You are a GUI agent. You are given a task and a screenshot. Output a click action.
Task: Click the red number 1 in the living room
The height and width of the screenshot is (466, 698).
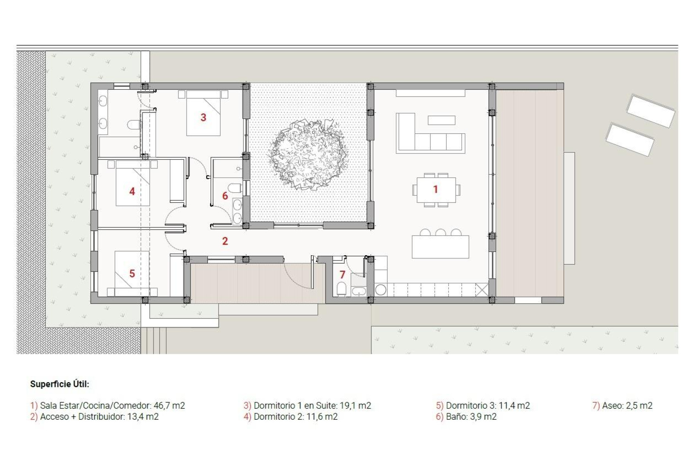click(435, 189)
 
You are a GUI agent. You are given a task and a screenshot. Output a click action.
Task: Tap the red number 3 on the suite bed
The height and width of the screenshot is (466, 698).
click(203, 117)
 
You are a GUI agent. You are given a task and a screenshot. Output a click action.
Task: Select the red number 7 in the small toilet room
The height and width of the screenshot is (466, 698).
click(342, 275)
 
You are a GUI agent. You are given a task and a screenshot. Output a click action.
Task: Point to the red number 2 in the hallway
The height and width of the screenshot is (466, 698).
click(225, 241)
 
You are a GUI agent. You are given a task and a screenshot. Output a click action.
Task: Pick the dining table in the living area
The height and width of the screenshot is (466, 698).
click(436, 190)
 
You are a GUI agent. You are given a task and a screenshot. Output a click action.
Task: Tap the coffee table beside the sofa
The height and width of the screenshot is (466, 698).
click(441, 120)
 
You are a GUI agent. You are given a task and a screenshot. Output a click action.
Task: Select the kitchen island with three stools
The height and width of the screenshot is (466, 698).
click(440, 247)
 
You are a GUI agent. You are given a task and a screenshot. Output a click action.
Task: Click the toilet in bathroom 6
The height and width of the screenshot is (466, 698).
click(235, 188)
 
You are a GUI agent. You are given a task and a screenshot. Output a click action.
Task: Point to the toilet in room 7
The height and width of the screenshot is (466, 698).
click(341, 289)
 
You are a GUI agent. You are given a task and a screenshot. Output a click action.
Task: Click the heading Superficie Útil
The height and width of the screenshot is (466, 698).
click(60, 384)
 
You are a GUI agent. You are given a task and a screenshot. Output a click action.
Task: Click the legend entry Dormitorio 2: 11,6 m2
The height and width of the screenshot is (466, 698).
click(291, 417)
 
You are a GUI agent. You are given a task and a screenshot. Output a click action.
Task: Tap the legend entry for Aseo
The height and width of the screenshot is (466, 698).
click(622, 406)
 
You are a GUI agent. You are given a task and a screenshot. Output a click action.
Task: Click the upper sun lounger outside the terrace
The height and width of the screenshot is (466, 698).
click(650, 111)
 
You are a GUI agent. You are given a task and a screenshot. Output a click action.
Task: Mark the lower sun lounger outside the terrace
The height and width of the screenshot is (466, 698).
click(630, 140)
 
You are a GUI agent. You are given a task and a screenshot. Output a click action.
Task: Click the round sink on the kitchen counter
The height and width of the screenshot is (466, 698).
click(380, 290)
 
